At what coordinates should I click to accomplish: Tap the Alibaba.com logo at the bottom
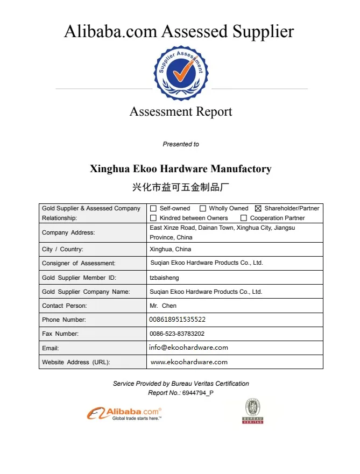coord(124,413)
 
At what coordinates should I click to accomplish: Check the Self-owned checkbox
coord(153,208)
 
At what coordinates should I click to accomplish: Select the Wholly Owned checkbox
coord(203,208)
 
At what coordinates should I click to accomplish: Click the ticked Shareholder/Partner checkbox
coord(258,208)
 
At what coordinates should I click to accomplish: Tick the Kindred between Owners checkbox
coord(153,218)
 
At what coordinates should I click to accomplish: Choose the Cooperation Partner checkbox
coord(244,218)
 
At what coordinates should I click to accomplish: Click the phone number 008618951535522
coord(178,320)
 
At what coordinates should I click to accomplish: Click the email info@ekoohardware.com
coord(189,348)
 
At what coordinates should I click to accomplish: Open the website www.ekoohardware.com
coord(189,362)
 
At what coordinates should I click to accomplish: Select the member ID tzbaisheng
coord(164,278)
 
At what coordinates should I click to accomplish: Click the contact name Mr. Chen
coord(163,306)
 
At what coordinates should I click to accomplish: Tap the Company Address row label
coord(68,232)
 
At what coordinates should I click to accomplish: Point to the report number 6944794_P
coord(198,393)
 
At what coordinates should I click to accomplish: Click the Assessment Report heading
coord(181,112)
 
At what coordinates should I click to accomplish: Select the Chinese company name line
coord(181,187)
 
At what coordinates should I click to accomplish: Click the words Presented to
coord(181,144)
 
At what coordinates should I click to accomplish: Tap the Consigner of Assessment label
coord(79,263)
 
